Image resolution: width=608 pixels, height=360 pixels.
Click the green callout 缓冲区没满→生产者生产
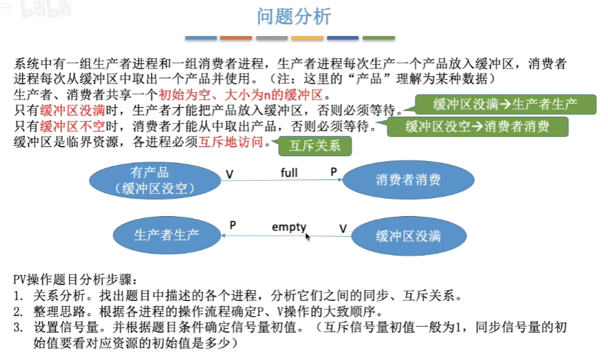505,104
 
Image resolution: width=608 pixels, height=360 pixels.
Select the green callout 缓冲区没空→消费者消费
477,127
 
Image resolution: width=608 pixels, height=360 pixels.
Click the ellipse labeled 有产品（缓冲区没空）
150,180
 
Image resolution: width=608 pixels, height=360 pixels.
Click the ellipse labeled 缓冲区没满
408,235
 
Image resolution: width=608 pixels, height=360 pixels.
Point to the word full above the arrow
289,173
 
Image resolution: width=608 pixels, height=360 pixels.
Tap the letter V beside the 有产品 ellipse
229,174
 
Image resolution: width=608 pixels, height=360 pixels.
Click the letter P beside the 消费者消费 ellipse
334,173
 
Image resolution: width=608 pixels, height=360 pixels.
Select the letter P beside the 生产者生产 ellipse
233,225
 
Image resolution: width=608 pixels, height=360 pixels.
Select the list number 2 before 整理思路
17,310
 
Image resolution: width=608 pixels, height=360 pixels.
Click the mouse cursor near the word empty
308,235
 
